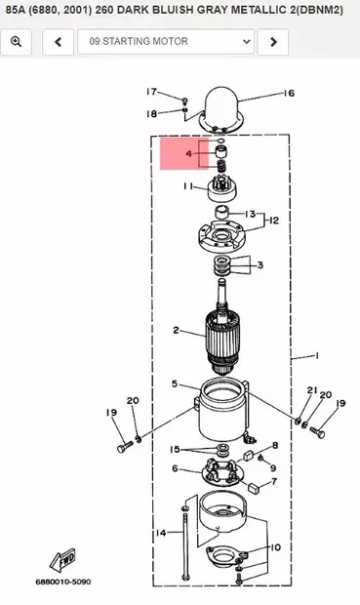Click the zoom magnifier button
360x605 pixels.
pyautogui.click(x=18, y=42)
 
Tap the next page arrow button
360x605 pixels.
pyautogui.click(x=274, y=42)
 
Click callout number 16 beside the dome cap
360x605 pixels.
pyautogui.click(x=289, y=94)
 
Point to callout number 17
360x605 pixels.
pyautogui.click(x=151, y=92)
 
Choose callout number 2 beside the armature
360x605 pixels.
pyautogui.click(x=176, y=330)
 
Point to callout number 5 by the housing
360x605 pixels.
pyautogui.click(x=175, y=383)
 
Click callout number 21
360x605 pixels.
pyautogui.click(x=313, y=390)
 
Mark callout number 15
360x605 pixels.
pyautogui.click(x=176, y=450)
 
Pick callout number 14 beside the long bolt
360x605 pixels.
pyautogui.click(x=160, y=534)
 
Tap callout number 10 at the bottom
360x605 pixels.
pyautogui.click(x=276, y=547)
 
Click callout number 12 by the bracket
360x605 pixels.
pyautogui.click(x=274, y=221)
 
